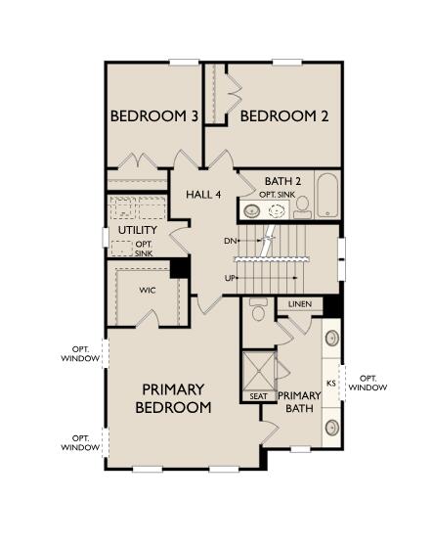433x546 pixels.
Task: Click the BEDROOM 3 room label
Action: coord(154,116)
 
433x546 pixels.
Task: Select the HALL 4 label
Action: coord(203,194)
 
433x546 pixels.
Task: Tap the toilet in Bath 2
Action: coord(302,205)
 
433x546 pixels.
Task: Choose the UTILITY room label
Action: coord(137,230)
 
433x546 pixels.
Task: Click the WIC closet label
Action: coord(148,290)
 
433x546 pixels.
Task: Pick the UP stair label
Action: coord(231,278)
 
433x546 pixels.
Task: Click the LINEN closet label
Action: coord(299,304)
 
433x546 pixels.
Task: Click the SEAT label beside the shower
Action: coord(258,396)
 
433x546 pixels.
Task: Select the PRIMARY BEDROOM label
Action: coord(173,397)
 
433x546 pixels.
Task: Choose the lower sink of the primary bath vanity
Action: coord(332,427)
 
